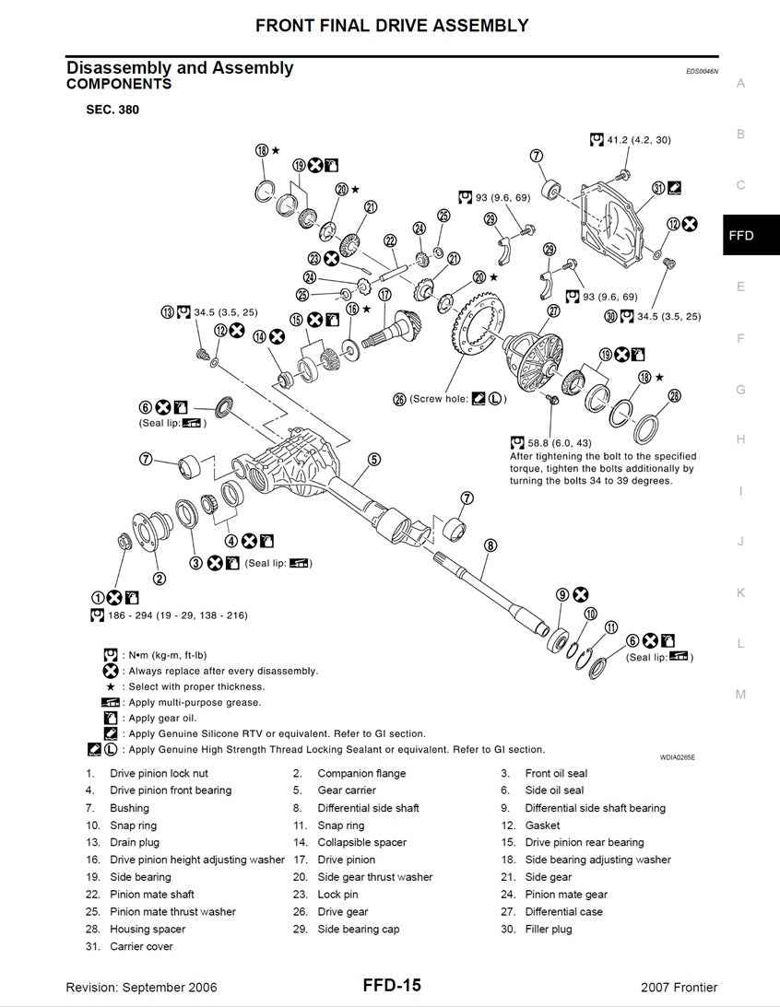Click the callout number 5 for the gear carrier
point(373,459)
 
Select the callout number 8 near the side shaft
point(490,545)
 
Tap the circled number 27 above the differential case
point(553,311)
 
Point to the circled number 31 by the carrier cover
point(658,188)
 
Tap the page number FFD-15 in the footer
point(391,986)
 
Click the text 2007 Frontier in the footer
point(679,988)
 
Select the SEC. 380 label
point(112,110)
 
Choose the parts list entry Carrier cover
point(141,946)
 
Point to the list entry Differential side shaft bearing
point(595,808)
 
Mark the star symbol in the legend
point(111,686)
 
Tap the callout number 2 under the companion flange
point(159,579)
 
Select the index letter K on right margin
point(739,592)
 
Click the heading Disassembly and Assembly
point(180,67)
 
